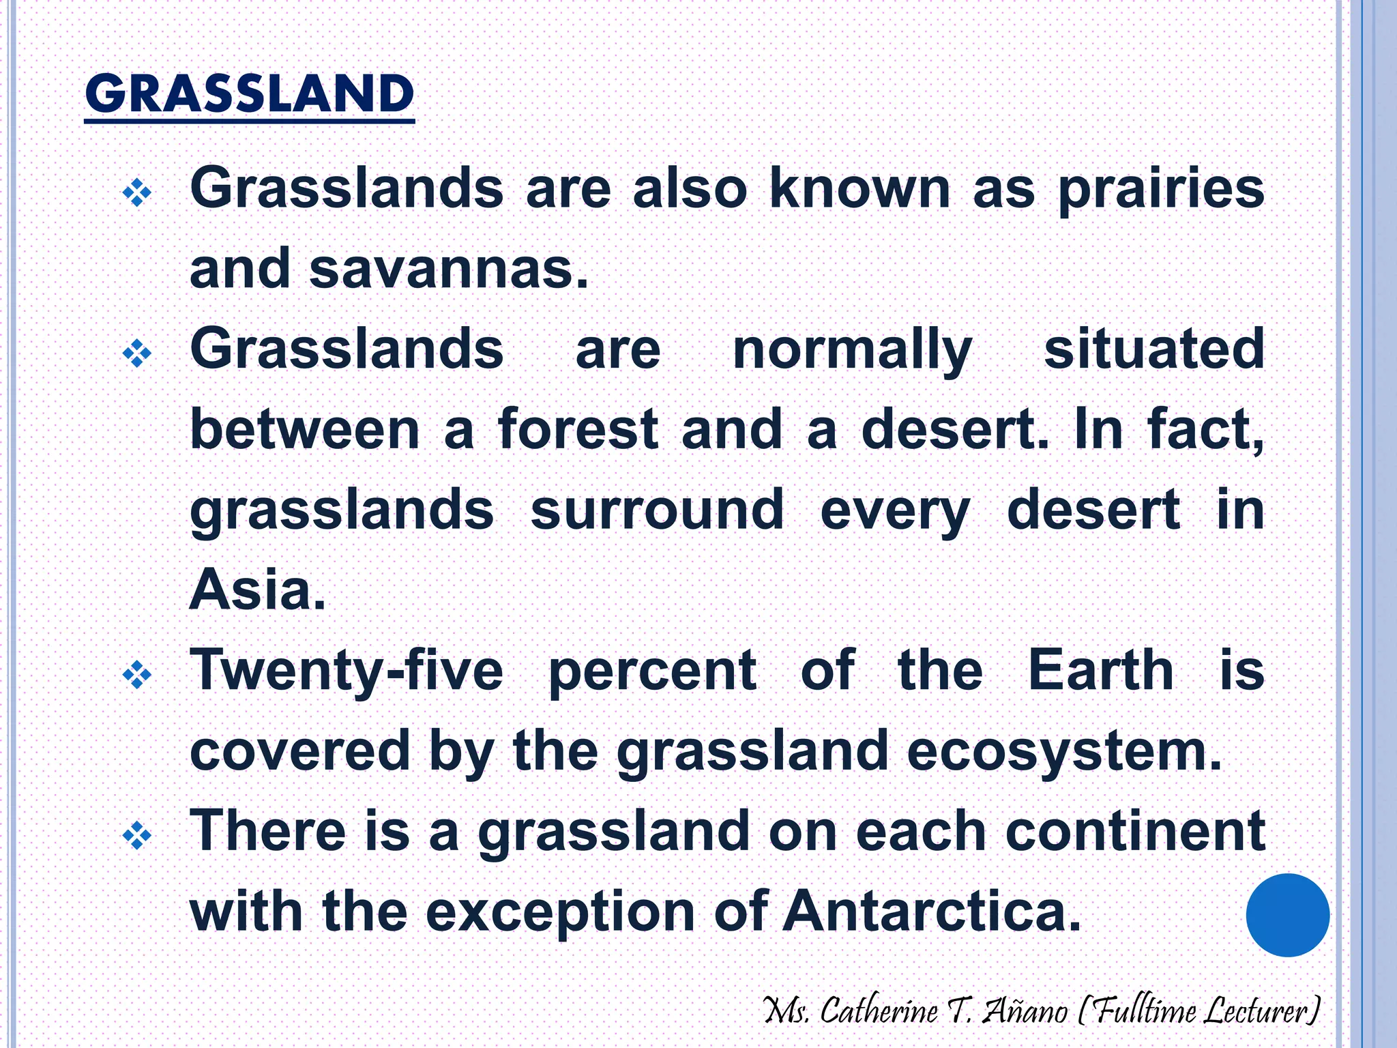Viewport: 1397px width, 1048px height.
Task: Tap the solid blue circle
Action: (x=1287, y=915)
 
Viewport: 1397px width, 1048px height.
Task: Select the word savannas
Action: (x=449, y=270)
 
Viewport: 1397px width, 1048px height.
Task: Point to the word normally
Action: (x=852, y=351)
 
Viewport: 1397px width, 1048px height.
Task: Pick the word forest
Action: (x=578, y=430)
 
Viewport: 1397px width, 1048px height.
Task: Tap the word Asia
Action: (x=258, y=590)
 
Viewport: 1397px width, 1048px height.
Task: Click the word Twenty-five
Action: (x=347, y=671)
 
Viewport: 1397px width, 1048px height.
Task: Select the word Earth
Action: (x=1100, y=671)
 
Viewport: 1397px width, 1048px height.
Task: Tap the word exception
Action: (x=561, y=913)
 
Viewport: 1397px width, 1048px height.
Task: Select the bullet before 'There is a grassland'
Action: (x=137, y=836)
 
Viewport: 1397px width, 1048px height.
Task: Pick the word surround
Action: (x=657, y=510)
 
